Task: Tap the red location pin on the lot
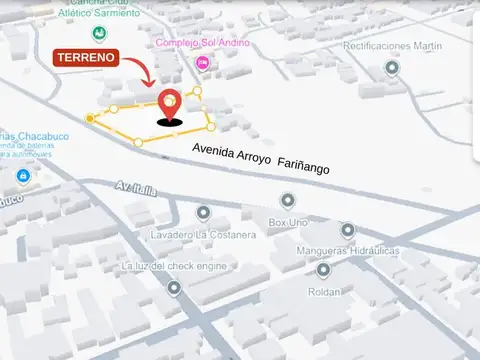(x=171, y=104)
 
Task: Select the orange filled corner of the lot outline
(x=90, y=119)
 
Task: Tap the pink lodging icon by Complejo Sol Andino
(x=203, y=63)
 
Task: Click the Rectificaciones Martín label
(x=392, y=46)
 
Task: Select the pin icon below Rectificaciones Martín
(x=392, y=68)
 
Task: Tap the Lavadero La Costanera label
(x=204, y=234)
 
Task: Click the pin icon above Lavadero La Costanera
(x=203, y=213)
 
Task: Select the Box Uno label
(x=288, y=222)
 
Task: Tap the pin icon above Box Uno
(x=288, y=201)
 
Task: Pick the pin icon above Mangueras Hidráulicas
(x=348, y=229)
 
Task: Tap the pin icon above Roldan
(x=323, y=269)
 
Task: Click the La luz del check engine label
(x=174, y=267)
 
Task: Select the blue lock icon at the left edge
(x=23, y=177)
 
